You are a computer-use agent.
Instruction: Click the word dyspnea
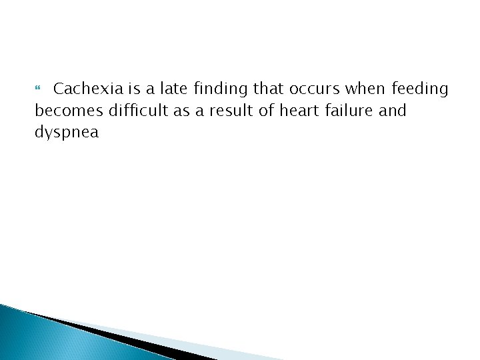point(66,132)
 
